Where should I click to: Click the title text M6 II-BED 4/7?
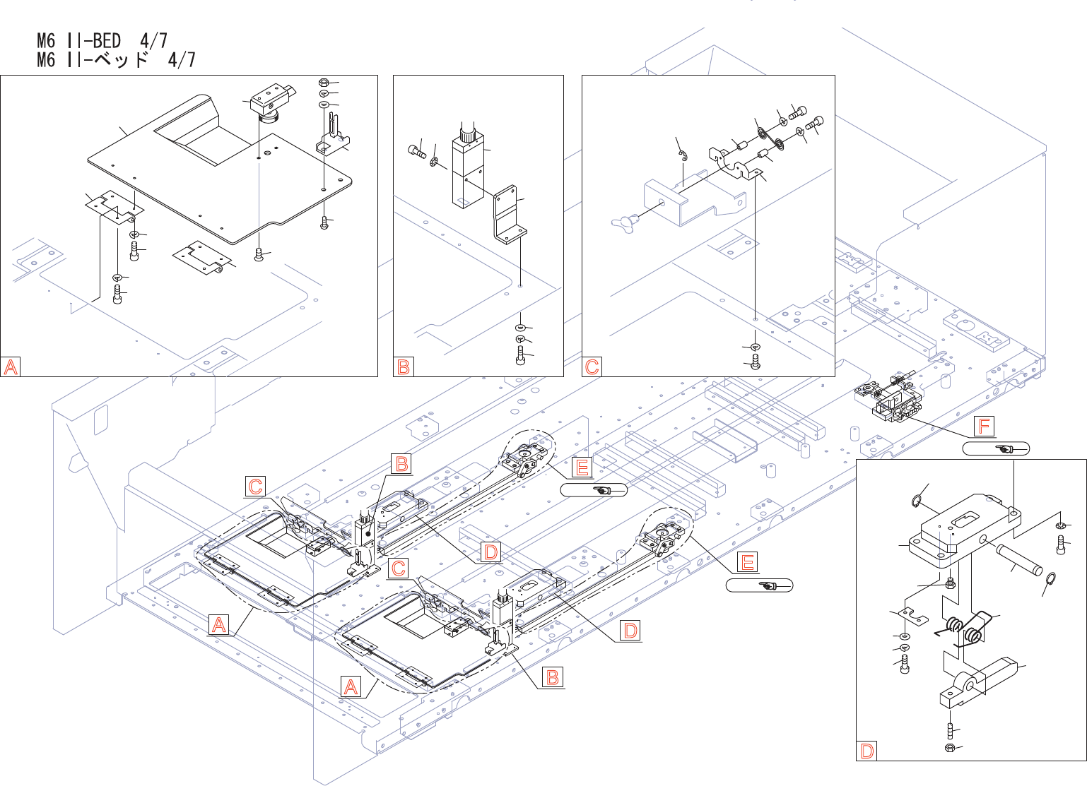point(102,40)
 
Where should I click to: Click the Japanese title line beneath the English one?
point(116,59)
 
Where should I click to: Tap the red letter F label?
point(984,426)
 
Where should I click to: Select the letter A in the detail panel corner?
point(11,367)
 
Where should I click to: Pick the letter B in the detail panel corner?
point(404,367)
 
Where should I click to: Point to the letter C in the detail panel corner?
point(592,367)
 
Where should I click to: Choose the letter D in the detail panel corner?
point(866,751)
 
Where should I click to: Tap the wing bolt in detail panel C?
point(626,220)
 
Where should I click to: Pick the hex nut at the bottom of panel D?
point(950,747)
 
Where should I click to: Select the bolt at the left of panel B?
point(416,150)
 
